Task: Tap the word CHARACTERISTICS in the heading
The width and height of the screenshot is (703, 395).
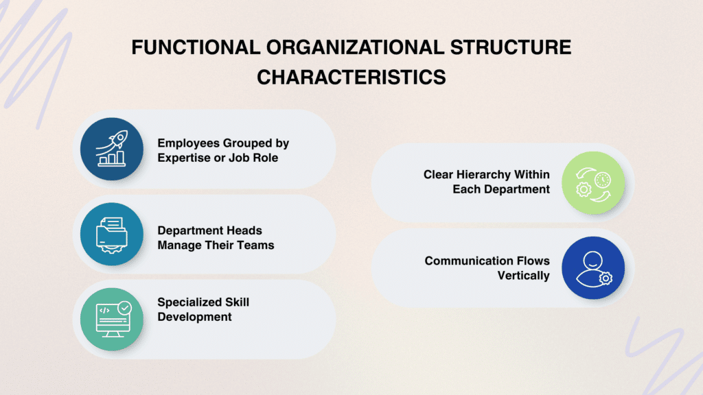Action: pyautogui.click(x=351, y=76)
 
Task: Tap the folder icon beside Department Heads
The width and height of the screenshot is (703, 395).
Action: pyautogui.click(x=112, y=235)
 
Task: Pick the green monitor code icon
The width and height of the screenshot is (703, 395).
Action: pyautogui.click(x=112, y=320)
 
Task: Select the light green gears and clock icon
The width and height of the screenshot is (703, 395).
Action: pyautogui.click(x=593, y=182)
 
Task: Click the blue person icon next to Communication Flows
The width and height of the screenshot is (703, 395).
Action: pyautogui.click(x=593, y=268)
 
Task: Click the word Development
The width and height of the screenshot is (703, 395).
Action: pyautogui.click(x=194, y=316)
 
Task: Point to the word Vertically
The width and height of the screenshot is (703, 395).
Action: pyautogui.click(x=524, y=275)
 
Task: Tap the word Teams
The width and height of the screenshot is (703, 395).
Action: pyautogui.click(x=256, y=245)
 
